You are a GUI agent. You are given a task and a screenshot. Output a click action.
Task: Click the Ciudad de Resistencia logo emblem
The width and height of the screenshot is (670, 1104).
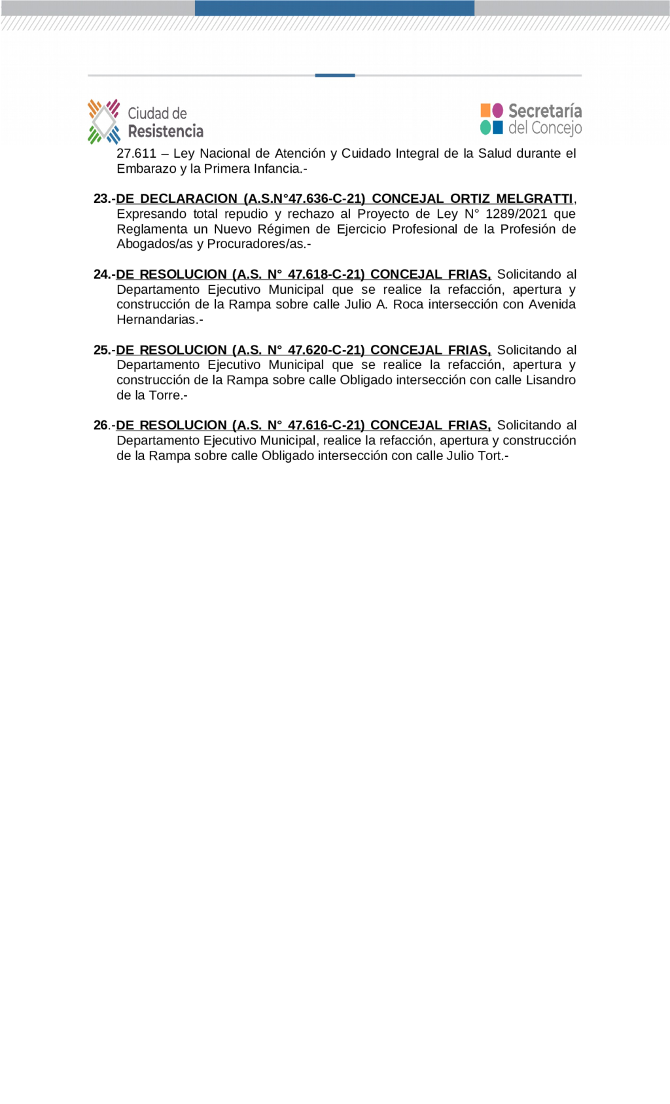[x=104, y=122]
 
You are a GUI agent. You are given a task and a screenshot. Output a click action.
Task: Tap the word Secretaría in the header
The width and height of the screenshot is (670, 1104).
[x=545, y=111]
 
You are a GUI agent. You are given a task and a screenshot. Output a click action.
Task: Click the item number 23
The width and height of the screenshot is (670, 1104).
[x=102, y=199]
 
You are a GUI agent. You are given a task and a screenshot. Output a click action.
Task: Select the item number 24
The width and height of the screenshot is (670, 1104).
[x=102, y=274]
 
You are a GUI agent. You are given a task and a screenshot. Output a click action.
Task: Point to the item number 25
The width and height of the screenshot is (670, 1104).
[x=102, y=350]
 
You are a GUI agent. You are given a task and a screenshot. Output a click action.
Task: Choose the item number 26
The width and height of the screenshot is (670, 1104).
[x=102, y=425]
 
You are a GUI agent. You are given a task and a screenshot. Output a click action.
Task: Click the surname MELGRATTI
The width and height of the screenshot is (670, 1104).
[x=534, y=199]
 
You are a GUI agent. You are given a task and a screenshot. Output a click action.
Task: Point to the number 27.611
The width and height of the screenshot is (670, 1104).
[x=137, y=154]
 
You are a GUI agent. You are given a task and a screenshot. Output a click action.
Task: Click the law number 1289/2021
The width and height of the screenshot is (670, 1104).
[x=516, y=214]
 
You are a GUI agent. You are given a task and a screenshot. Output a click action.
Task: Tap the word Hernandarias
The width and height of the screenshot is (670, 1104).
[x=156, y=320]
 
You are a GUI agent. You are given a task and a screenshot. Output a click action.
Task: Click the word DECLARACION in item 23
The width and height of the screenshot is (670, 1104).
[x=188, y=199]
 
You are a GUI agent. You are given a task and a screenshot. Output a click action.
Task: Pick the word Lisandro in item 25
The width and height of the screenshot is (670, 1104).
[x=551, y=380]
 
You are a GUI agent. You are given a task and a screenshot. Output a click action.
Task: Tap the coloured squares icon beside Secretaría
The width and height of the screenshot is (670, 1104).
[x=491, y=118]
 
